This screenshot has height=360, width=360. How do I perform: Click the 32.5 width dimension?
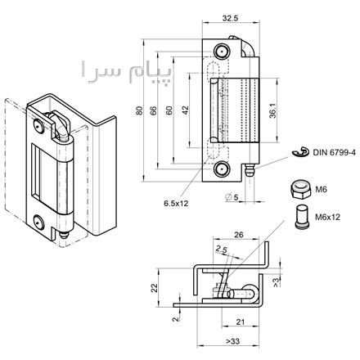(x=231, y=18)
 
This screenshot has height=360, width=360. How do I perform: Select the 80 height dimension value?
(x=140, y=110)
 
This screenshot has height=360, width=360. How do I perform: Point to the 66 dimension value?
(x=154, y=110)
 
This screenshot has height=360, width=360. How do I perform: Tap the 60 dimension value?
(x=169, y=110)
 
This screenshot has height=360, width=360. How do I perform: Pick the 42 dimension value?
(x=186, y=110)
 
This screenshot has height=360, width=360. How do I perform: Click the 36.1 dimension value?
(x=272, y=110)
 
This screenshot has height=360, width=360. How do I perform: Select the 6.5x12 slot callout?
(x=176, y=203)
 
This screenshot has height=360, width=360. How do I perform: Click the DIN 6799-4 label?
(x=335, y=152)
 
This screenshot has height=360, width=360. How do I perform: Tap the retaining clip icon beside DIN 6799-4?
(x=300, y=151)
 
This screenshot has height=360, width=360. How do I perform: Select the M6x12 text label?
(x=328, y=217)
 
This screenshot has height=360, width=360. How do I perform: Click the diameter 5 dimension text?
(x=232, y=196)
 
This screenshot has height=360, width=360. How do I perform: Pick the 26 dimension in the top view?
(x=239, y=235)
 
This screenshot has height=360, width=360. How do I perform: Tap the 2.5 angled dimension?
(x=222, y=249)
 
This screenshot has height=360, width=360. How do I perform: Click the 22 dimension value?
(x=155, y=288)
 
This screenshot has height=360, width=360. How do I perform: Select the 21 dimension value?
(x=240, y=322)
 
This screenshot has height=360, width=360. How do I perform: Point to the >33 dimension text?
(x=233, y=341)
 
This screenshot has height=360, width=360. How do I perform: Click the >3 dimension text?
(x=276, y=282)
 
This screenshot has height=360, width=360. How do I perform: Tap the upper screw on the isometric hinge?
(x=38, y=126)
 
